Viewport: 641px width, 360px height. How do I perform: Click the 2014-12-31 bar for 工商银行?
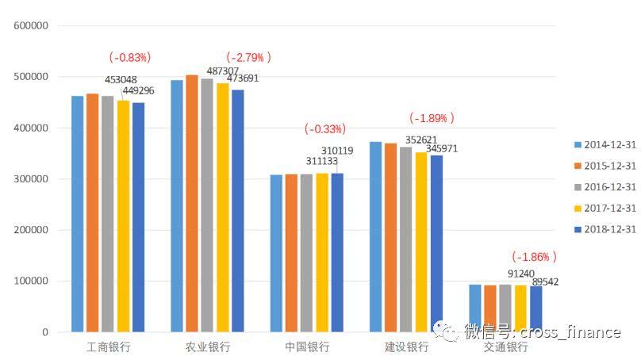point(77,214)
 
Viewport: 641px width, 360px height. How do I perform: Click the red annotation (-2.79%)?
point(248,57)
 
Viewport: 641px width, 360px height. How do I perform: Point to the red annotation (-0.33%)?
point(325,128)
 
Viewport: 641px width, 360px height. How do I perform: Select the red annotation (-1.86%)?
point(534,257)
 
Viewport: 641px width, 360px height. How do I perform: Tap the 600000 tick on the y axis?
point(33,25)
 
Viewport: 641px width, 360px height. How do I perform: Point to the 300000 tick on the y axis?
point(33,179)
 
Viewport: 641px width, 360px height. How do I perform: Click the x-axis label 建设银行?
point(406,347)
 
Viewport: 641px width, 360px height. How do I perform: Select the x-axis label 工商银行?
point(108,347)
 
